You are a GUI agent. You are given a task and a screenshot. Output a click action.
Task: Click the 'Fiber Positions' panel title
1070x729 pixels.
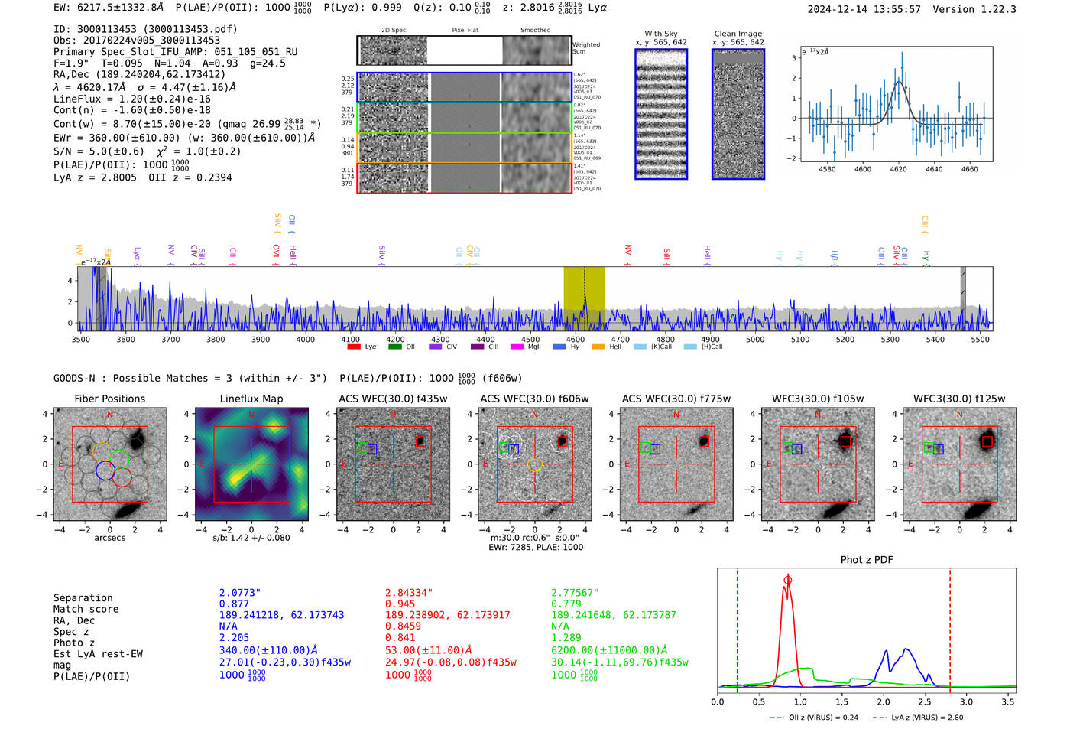[x=109, y=399]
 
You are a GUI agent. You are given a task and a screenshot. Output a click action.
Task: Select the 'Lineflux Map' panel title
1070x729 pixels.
[x=251, y=399]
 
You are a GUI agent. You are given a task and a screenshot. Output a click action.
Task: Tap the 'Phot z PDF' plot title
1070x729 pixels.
[x=867, y=560]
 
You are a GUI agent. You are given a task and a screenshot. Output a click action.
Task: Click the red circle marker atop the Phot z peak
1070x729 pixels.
[x=788, y=580]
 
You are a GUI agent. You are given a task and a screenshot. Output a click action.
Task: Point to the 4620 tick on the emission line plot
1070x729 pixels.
[x=898, y=169]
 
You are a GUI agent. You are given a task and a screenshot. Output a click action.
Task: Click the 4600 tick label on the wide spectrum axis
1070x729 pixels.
[x=576, y=340]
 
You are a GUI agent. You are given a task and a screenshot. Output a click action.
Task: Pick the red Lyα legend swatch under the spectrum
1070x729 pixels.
[x=354, y=347]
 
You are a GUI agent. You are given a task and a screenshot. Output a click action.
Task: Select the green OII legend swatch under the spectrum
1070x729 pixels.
[x=394, y=347]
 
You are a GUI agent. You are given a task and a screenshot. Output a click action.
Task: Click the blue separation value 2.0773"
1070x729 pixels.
[x=240, y=593]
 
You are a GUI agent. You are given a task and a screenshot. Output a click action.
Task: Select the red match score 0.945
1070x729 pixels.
[x=400, y=604]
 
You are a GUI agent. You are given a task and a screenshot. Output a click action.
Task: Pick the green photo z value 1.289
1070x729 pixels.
[x=566, y=637]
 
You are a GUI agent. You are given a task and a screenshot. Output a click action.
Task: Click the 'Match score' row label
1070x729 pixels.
[x=86, y=609]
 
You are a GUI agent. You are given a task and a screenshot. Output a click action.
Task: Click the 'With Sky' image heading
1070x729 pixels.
[x=660, y=34]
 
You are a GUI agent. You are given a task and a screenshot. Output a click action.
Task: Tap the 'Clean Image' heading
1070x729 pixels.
[x=738, y=34]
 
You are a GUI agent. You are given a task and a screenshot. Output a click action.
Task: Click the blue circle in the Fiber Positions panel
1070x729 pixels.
[x=105, y=471]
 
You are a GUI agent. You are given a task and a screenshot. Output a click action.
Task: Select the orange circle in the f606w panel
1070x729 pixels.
[x=534, y=464]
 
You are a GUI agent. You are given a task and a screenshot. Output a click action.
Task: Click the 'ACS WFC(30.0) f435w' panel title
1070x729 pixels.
[x=393, y=399]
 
